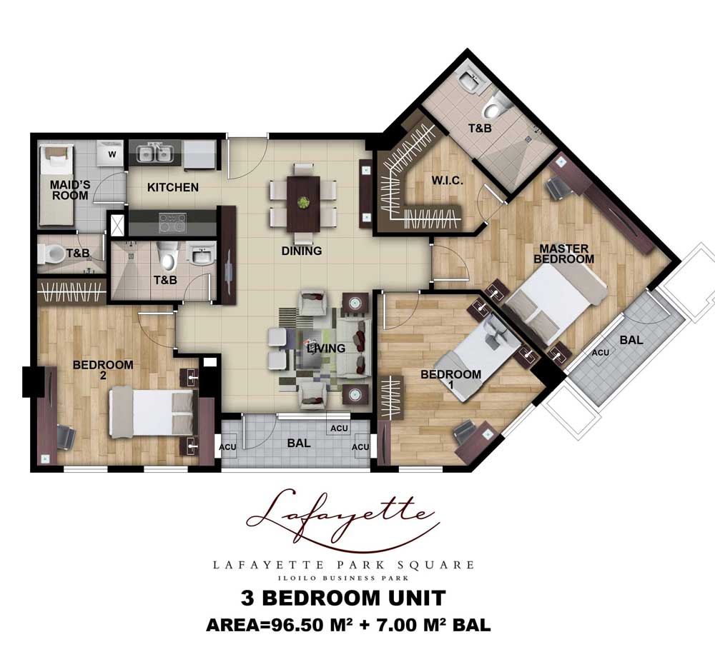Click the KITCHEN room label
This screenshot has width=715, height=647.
(x=173, y=187)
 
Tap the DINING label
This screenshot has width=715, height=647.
(x=302, y=251)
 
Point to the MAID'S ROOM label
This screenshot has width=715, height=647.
(x=70, y=191)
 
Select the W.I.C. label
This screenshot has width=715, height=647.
(x=448, y=180)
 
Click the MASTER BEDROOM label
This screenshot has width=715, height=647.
(x=564, y=254)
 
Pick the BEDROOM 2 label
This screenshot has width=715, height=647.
(x=103, y=370)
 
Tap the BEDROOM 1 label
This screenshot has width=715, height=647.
(x=451, y=379)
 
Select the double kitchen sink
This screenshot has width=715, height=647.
(x=155, y=153)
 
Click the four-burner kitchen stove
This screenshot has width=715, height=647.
(x=172, y=224)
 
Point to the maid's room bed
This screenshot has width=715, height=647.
(x=56, y=185)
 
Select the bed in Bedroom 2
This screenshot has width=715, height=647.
(x=153, y=413)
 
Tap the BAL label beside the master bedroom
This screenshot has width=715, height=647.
(x=631, y=340)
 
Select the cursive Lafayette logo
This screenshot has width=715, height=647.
(x=341, y=519)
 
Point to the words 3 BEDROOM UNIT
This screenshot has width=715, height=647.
(x=343, y=598)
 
